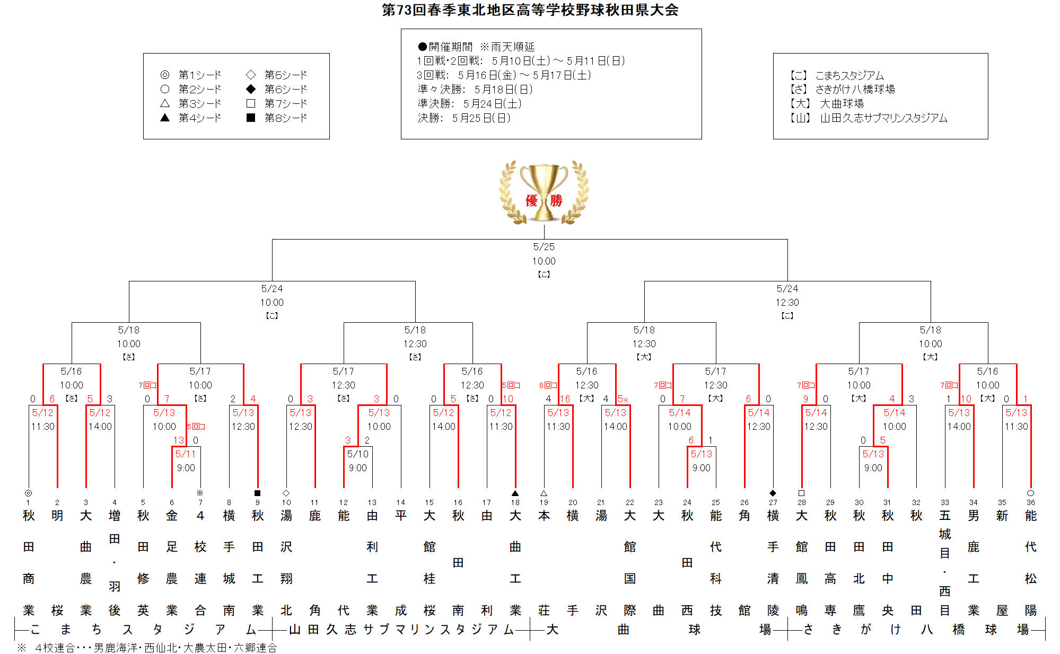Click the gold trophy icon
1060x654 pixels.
click(544, 192)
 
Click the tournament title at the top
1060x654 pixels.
click(530, 10)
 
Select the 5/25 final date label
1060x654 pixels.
click(544, 247)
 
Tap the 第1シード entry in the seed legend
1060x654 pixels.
click(191, 75)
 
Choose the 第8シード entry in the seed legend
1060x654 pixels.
click(277, 118)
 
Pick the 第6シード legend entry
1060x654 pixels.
click(277, 89)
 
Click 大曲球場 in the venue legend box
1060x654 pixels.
click(827, 103)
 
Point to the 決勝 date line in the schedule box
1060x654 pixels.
click(464, 118)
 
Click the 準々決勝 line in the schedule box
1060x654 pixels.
click(475, 89)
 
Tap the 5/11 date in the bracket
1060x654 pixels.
click(186, 454)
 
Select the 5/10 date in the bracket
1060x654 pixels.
click(358, 454)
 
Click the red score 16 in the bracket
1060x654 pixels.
click(565, 399)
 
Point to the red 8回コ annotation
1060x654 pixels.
click(548, 385)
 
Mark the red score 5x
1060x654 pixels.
click(623, 399)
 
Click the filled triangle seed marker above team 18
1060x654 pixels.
click(515, 493)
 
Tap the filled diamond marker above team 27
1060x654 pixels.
click(773, 493)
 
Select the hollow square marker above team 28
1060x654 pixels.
click(801, 493)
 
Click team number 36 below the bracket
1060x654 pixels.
click(1030, 502)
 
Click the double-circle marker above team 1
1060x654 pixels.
click(28, 493)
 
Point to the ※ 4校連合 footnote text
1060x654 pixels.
click(147, 648)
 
